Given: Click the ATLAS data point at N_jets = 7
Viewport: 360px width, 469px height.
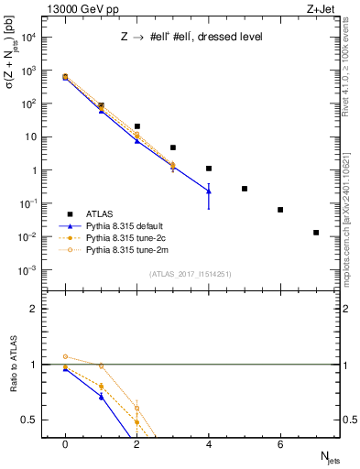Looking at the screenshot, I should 316,233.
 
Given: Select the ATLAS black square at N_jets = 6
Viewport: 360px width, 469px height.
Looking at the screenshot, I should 280,210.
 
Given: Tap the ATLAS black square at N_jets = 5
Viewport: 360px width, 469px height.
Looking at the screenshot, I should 245,189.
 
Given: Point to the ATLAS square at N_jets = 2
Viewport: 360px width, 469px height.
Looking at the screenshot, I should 136,126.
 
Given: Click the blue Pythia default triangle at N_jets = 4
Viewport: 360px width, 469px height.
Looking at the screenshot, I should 209,191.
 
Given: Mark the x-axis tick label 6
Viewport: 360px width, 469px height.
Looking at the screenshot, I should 280,444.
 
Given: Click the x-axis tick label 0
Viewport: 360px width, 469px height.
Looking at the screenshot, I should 64,444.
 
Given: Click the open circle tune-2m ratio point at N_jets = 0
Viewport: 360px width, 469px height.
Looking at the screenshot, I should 65,356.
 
